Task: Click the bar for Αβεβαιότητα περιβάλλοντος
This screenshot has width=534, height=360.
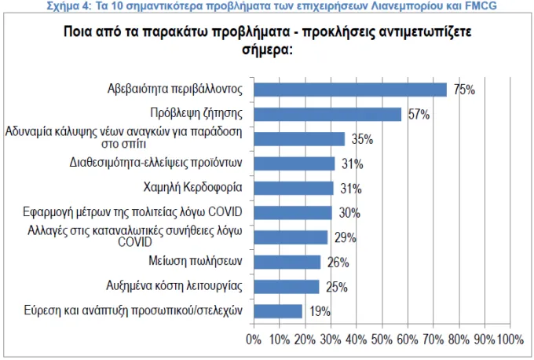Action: tap(350, 90)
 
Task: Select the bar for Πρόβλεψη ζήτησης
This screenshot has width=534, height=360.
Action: tap(327, 114)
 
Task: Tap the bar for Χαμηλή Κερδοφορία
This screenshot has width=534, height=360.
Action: tap(294, 188)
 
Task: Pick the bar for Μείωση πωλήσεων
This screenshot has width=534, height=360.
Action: tap(287, 262)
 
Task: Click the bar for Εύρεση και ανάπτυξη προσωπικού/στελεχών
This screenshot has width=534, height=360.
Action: tap(278, 311)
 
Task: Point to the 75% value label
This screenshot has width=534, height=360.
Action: tap(464, 90)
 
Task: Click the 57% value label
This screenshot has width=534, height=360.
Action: tap(419, 114)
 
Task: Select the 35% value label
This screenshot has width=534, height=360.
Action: tap(362, 139)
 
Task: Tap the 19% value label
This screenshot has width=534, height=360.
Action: tap(320, 311)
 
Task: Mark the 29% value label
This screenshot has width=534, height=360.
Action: tap(346, 237)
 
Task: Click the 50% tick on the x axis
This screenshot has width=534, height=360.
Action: tap(382, 340)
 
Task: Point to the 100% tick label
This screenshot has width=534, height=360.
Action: tap(510, 340)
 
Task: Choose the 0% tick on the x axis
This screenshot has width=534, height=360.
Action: tap(254, 340)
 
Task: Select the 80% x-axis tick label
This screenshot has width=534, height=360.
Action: tap(459, 340)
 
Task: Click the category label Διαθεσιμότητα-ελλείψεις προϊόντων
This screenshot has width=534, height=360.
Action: tap(155, 163)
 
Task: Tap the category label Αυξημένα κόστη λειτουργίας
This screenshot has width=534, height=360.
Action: tap(174, 285)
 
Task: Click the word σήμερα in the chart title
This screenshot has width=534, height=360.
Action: tap(267, 50)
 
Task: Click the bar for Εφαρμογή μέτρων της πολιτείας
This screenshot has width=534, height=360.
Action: tap(293, 213)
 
